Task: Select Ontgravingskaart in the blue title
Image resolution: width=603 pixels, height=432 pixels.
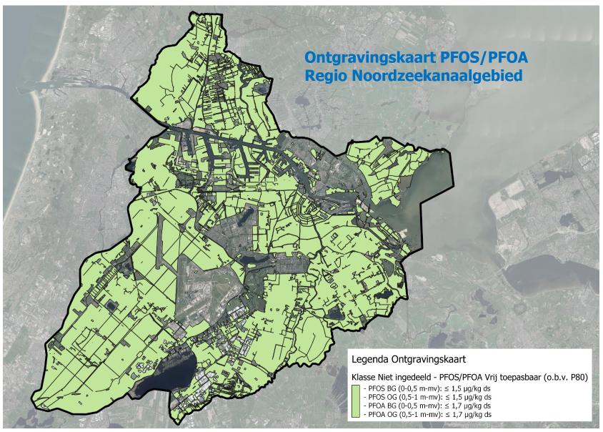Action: [x=363, y=57]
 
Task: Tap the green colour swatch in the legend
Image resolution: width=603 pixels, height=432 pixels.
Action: [x=357, y=401]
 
